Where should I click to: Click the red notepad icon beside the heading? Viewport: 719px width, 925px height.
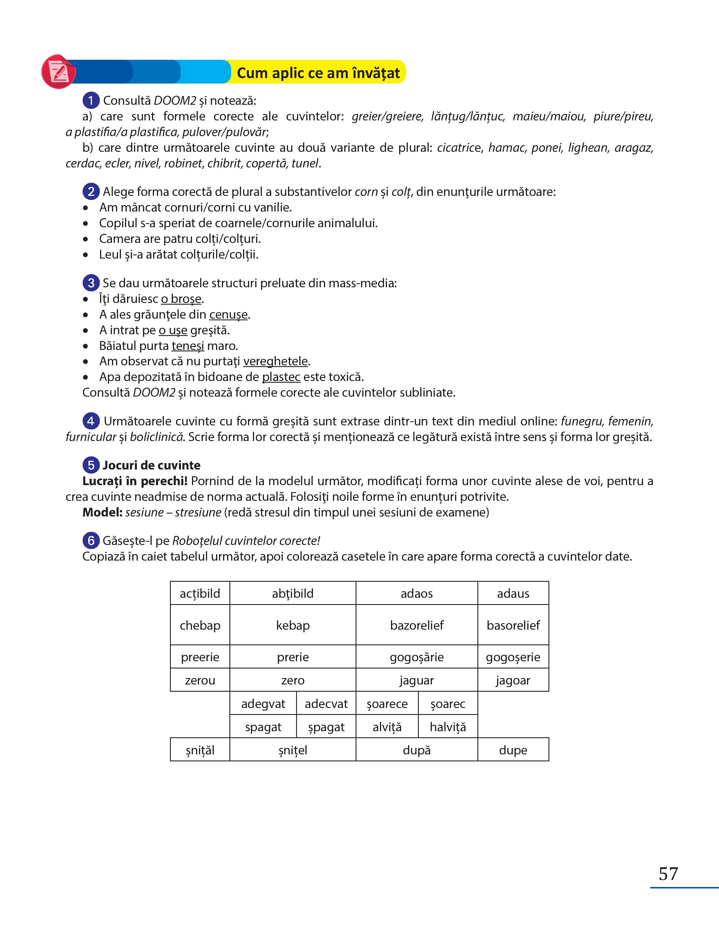(x=58, y=72)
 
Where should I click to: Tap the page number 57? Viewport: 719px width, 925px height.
(x=668, y=874)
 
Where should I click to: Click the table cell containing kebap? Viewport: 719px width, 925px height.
(x=293, y=625)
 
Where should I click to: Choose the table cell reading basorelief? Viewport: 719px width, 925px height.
(x=513, y=625)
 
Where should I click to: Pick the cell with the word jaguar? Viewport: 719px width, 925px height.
(x=417, y=680)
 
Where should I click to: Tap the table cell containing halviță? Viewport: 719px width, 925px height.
(x=448, y=727)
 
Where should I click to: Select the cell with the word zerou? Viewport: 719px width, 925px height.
(x=200, y=680)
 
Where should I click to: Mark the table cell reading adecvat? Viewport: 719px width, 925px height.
(x=326, y=704)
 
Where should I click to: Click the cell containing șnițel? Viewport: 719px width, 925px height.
(x=293, y=750)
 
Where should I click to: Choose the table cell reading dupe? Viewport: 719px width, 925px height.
(x=513, y=750)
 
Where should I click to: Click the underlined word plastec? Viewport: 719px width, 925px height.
(x=281, y=377)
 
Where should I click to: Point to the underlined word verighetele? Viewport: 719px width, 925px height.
(x=276, y=361)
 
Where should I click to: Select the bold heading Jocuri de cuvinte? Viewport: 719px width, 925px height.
(x=151, y=465)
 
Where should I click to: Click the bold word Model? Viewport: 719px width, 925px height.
(x=102, y=512)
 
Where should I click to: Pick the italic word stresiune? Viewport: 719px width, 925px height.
(x=198, y=512)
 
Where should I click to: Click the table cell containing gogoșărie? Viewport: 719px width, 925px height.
(x=417, y=657)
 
